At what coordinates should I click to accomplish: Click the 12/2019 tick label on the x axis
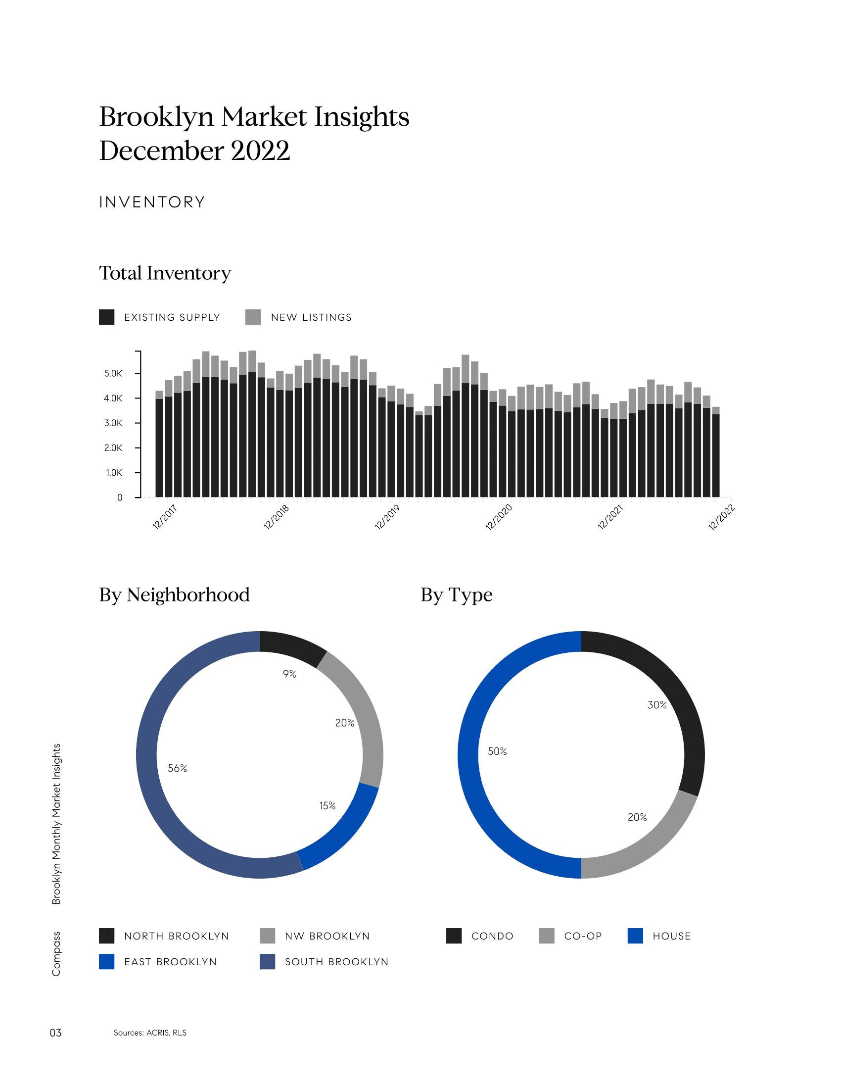388,517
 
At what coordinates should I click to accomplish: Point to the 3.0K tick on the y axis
113,423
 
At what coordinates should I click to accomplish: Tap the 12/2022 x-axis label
721,517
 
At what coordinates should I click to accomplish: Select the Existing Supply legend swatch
107,317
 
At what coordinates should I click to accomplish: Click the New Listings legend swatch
253,317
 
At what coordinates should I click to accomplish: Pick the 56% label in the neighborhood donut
178,768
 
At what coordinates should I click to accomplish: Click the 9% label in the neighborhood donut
289,674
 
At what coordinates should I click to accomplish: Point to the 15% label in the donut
327,806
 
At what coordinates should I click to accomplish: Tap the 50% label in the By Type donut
497,751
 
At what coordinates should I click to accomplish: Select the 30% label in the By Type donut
657,705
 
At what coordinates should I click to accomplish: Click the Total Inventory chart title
165,273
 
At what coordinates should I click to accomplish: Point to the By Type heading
457,595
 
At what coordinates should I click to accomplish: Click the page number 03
55,1033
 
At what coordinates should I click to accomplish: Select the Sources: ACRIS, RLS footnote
150,1033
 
